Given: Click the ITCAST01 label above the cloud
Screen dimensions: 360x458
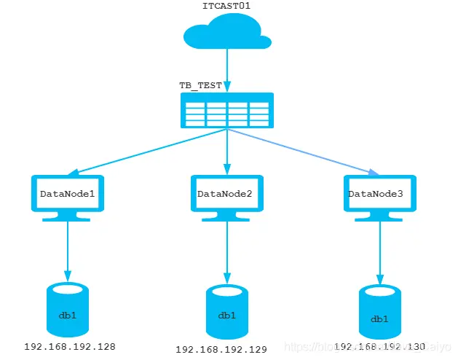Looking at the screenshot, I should click(226, 6).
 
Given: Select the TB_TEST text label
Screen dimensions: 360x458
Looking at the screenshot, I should click(200, 85).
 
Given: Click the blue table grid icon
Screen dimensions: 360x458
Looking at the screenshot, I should click(227, 111).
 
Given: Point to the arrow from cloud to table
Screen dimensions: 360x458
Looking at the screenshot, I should click(227, 70).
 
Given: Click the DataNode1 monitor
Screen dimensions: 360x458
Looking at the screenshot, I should click(68, 195).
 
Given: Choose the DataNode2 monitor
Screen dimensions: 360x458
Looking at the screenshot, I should click(226, 195).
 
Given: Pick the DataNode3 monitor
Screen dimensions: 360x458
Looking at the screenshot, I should click(379, 195).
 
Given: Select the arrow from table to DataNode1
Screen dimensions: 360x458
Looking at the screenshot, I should click(146, 153).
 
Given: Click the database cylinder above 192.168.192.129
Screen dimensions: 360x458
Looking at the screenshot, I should click(226, 313).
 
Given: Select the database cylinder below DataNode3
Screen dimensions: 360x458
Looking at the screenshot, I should click(379, 314).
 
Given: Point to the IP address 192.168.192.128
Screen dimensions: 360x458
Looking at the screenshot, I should click(70, 347).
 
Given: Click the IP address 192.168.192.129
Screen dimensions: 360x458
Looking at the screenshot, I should click(221, 350).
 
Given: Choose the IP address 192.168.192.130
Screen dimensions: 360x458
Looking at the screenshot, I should click(379, 348).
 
